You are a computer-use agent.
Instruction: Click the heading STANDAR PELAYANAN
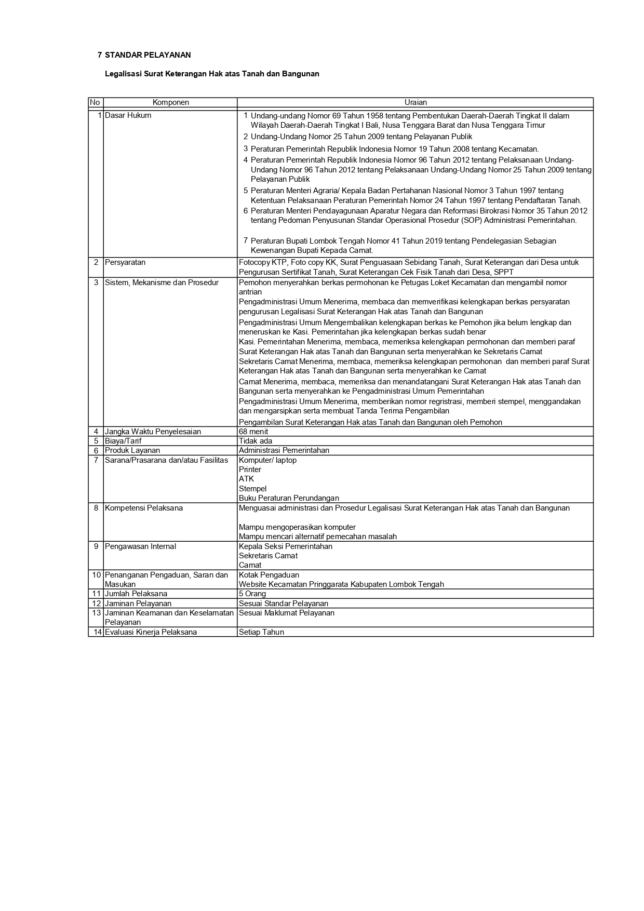[x=147, y=55]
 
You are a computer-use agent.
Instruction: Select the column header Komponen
[x=170, y=103]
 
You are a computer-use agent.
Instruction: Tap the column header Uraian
[x=415, y=103]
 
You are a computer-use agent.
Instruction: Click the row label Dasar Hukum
[x=128, y=115]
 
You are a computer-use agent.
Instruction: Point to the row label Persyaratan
[x=125, y=262]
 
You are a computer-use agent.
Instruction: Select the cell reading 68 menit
[x=253, y=432]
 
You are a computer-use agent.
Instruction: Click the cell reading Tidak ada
[x=256, y=441]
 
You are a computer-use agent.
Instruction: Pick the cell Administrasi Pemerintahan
[x=284, y=450]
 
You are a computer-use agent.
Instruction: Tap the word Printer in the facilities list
[x=250, y=470]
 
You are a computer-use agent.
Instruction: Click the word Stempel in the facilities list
[x=252, y=489]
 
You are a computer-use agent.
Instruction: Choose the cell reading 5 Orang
[x=252, y=594]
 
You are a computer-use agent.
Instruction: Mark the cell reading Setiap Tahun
[x=261, y=632]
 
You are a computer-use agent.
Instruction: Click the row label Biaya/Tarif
[x=123, y=441]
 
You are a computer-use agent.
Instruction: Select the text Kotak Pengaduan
[x=269, y=575]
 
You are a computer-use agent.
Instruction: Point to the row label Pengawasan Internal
[x=140, y=546]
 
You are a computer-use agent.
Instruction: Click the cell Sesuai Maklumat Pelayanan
[x=287, y=613]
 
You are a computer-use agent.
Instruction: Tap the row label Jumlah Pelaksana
[x=136, y=594]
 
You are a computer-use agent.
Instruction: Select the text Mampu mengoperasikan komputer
[x=297, y=527]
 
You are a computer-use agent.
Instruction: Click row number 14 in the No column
[x=96, y=632]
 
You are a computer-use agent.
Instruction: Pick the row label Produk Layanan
[x=132, y=450]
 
